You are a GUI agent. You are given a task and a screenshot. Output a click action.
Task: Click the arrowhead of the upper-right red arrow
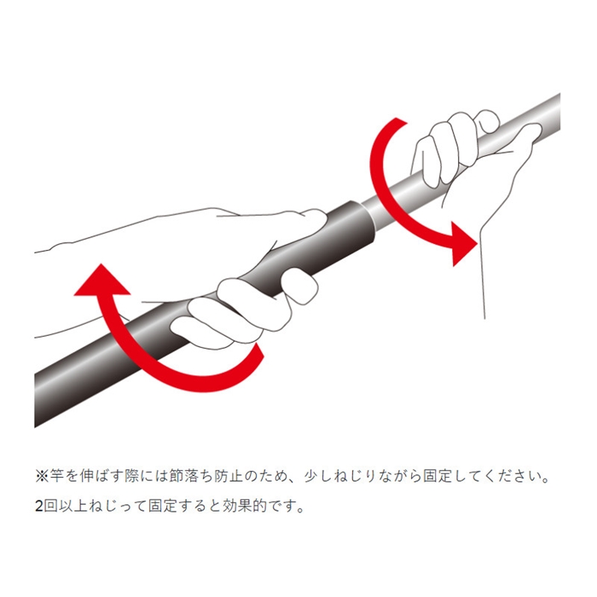click(462, 243)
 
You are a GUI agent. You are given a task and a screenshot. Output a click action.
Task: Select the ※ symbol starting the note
click(41, 476)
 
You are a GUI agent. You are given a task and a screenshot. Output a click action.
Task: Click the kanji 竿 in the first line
click(56, 476)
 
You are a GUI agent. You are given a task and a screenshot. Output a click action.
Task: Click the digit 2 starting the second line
click(39, 507)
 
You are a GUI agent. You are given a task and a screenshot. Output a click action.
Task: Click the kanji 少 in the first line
click(311, 476)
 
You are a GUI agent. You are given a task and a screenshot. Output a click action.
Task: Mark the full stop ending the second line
click(300, 511)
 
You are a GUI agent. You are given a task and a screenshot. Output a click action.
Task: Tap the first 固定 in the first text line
click(438, 476)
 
